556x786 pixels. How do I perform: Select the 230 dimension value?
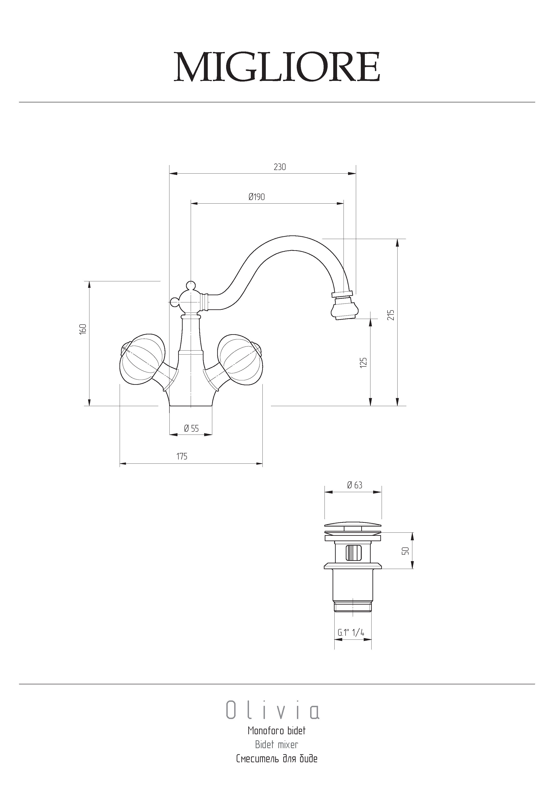tap(279, 167)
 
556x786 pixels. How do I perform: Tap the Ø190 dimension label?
tap(257, 197)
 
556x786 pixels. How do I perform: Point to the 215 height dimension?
tap(391, 315)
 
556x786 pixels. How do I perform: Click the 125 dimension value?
tap(363, 362)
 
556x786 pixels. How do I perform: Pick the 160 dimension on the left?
tap(82, 329)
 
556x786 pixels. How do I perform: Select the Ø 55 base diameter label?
tap(191, 428)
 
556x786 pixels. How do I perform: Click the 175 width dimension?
tap(182, 456)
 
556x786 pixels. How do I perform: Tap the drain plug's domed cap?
tap(353, 525)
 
